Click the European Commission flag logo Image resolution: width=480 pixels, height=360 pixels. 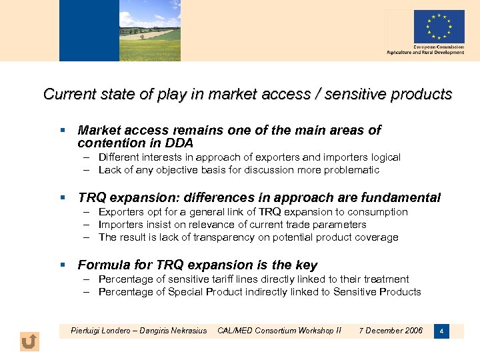439,26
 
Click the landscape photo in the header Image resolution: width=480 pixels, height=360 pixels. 120,31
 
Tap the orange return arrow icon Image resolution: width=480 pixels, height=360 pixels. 29,342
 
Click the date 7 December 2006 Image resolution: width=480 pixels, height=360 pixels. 391,331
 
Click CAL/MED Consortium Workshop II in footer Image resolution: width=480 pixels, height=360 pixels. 279,331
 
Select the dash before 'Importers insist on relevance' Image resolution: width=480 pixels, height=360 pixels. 87,225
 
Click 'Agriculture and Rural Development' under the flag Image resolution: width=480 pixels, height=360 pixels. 425,53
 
